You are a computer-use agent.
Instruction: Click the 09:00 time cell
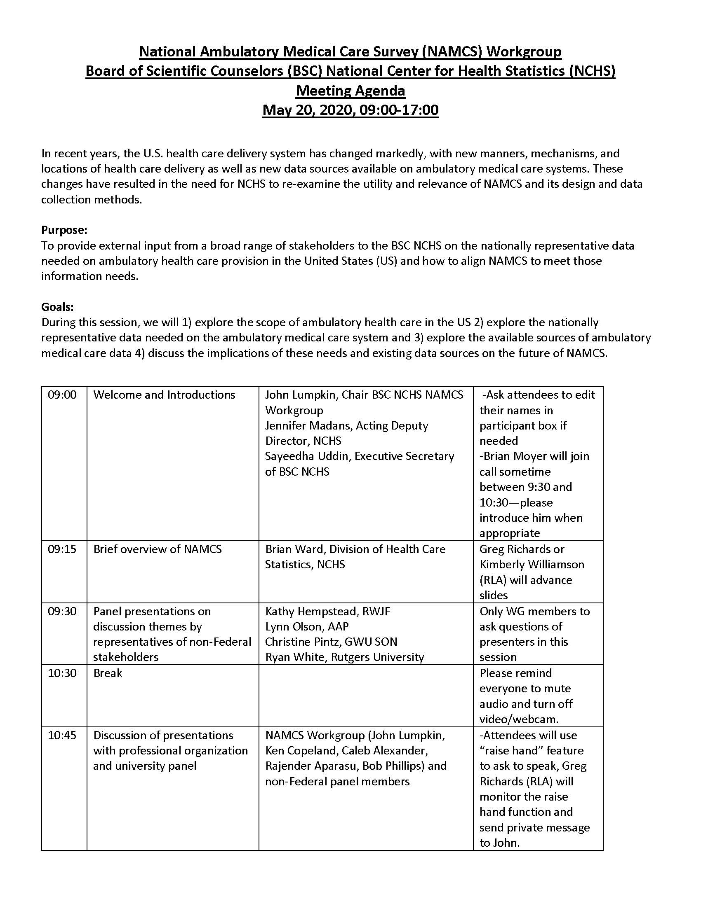point(62,395)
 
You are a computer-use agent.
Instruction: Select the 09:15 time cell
point(62,549)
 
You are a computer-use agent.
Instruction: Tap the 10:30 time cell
point(62,673)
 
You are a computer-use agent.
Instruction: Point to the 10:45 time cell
point(62,735)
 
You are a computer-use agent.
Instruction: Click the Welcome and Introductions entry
point(164,395)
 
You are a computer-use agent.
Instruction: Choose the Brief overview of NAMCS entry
point(158,549)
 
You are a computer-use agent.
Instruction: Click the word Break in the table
point(108,673)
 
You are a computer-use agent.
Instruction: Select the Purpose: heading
point(64,230)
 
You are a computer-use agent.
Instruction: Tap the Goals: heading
point(57,307)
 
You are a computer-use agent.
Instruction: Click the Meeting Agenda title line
point(350,91)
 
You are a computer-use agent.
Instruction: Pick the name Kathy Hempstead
point(309,611)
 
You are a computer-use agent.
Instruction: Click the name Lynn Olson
point(291,626)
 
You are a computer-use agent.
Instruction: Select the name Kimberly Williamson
point(532,564)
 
